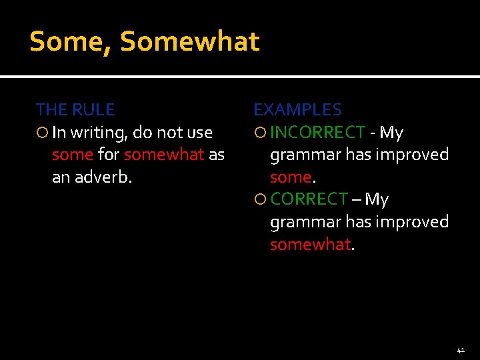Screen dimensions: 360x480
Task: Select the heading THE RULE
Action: click(x=75, y=109)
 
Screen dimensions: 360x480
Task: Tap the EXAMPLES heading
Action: click(x=297, y=109)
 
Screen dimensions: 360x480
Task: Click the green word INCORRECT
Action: click(x=318, y=133)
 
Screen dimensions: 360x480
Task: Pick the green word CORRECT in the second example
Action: click(x=309, y=199)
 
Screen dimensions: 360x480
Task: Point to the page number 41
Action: click(x=461, y=349)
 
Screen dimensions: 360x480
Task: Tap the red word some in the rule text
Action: click(x=72, y=155)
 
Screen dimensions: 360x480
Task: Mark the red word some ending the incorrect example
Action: click(x=290, y=177)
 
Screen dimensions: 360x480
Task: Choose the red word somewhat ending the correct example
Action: click(x=310, y=245)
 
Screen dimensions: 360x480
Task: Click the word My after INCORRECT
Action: click(x=391, y=133)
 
